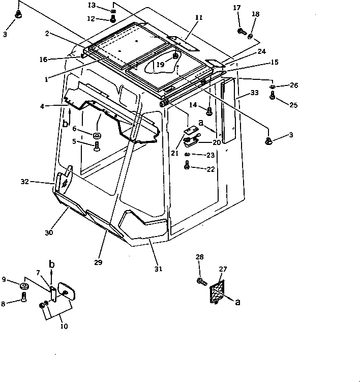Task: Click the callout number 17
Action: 237,8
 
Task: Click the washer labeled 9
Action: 23,288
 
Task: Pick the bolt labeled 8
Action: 23,300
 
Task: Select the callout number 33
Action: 255,93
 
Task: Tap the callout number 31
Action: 159,268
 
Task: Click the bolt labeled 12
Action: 113,19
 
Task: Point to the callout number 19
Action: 161,65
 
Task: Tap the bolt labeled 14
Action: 208,109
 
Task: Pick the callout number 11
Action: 198,17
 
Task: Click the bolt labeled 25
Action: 272,95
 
